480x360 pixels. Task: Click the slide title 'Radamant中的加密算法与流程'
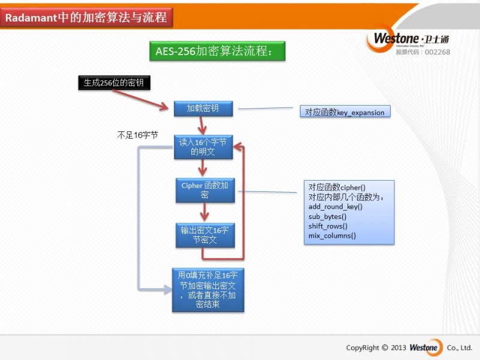(86, 18)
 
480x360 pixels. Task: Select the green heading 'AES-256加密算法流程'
(217, 52)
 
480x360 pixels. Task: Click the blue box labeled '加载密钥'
(203, 109)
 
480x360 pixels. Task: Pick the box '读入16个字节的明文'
(203, 147)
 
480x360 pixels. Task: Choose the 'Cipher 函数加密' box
(205, 190)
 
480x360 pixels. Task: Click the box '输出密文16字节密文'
(205, 235)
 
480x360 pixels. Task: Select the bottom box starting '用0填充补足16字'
(208, 290)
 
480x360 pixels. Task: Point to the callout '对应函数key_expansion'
(345, 112)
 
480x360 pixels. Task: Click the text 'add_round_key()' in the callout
(335, 206)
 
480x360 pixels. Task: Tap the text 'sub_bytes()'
(328, 216)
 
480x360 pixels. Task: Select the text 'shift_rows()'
(328, 226)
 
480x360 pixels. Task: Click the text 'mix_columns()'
(332, 235)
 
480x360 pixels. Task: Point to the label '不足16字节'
(137, 136)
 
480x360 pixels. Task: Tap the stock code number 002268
(437, 52)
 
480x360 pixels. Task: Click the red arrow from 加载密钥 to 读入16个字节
(203, 125)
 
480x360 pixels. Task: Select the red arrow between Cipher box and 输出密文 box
(205, 212)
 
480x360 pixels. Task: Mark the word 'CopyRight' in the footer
(363, 347)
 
